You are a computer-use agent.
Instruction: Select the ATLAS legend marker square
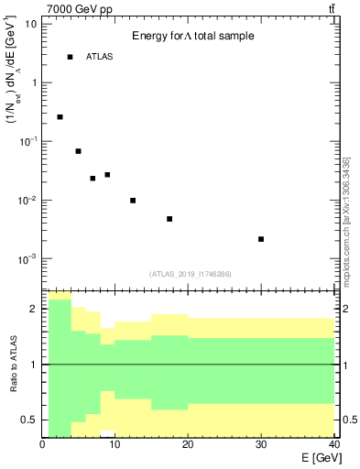coord(70,57)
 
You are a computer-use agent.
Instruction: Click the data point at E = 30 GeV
coord(261,239)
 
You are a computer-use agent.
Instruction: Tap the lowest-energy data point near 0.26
coord(60,117)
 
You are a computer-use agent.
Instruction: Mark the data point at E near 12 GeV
coord(133,201)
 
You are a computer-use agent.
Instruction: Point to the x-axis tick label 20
coord(188,445)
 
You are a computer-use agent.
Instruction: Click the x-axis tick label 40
coord(333,445)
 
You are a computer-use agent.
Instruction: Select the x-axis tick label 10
coord(115,445)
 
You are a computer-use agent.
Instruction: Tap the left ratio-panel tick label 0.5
coord(30,420)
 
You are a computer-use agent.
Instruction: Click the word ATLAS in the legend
coord(100,57)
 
